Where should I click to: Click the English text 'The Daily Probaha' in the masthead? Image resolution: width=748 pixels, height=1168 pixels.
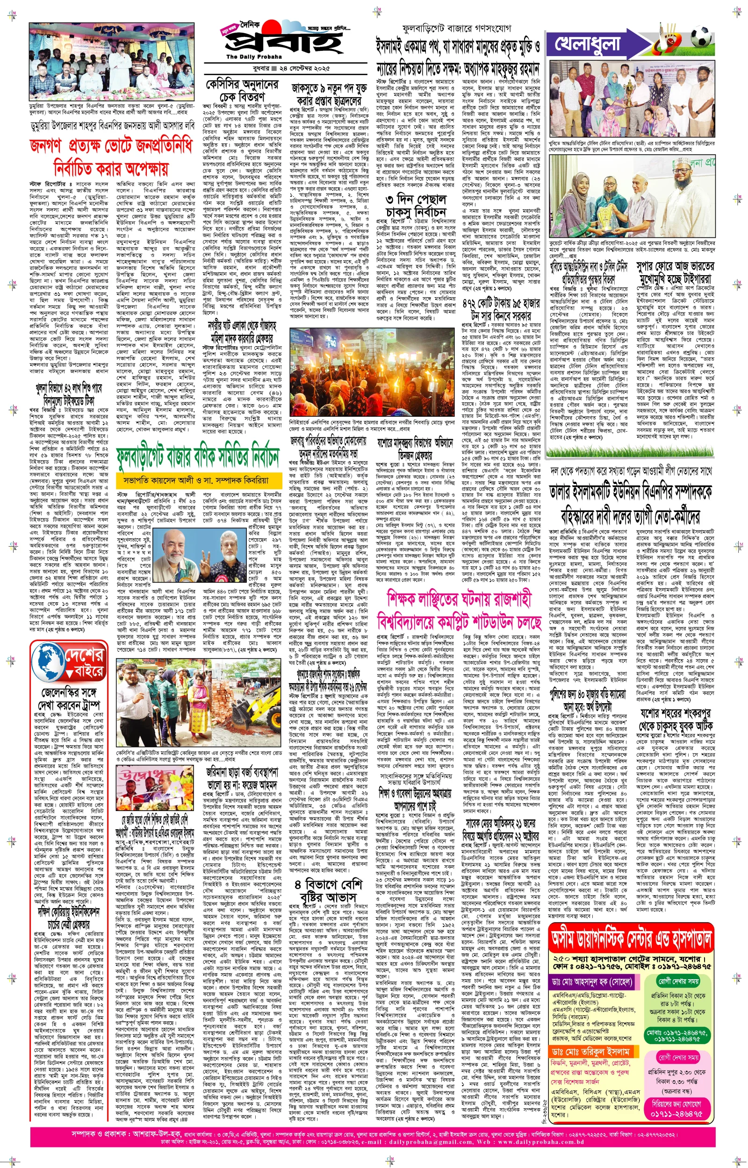pyautogui.click(x=247, y=57)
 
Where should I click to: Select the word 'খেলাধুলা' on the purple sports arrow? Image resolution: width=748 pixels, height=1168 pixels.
pyautogui.click(x=587, y=43)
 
